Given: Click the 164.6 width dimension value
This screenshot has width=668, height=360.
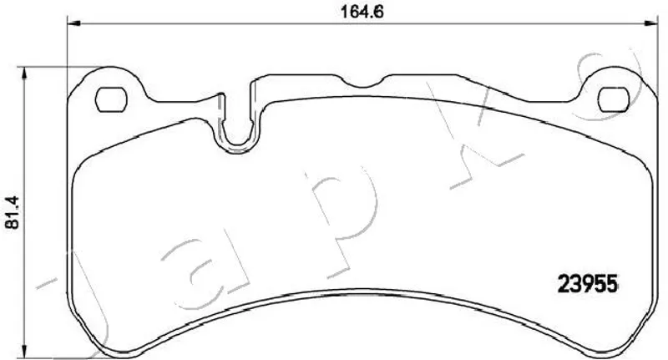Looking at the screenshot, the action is (362, 12).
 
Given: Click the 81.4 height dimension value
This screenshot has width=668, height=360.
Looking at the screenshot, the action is (13, 213).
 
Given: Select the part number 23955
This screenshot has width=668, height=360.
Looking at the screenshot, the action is (588, 284).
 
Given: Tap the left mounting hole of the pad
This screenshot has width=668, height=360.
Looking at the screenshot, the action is (111, 99).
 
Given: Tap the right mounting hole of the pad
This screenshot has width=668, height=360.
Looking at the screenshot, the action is (614, 99).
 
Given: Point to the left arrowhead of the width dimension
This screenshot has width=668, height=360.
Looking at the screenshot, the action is (74, 23).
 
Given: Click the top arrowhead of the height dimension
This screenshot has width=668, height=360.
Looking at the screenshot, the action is (24, 74).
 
